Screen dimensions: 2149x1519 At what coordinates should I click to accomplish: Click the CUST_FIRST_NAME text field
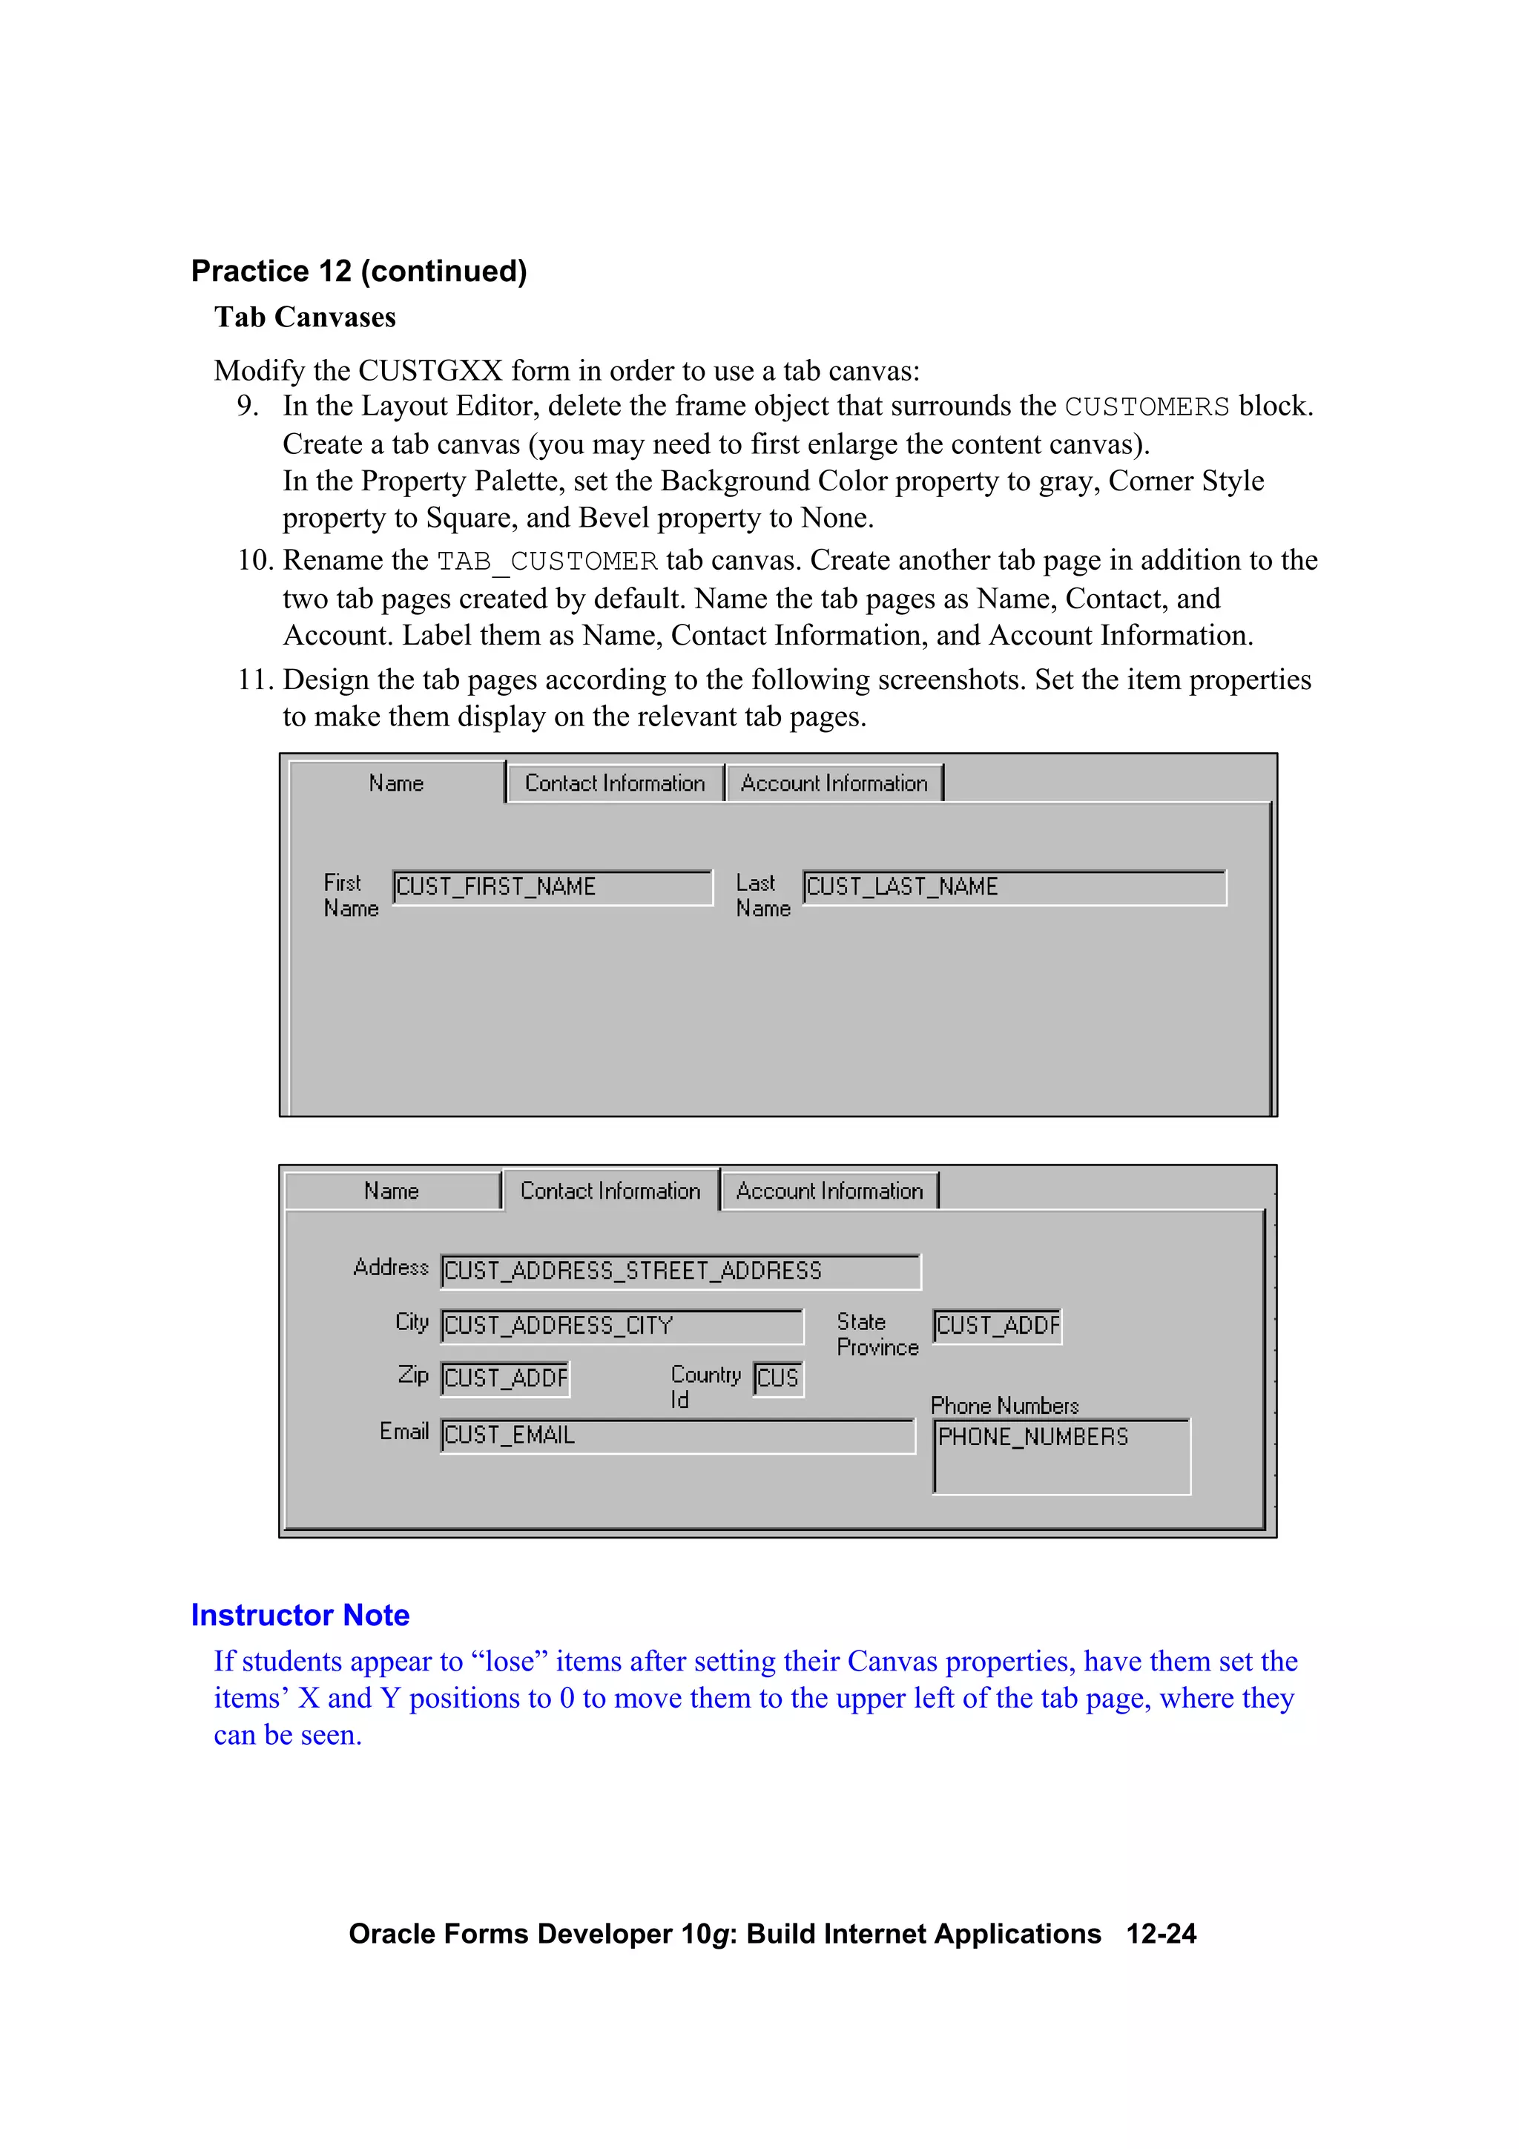pyautogui.click(x=552, y=887)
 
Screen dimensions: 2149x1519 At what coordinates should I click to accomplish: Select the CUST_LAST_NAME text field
pyautogui.click(x=1014, y=887)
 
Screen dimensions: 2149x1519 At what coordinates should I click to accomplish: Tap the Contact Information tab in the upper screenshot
pyautogui.click(x=615, y=783)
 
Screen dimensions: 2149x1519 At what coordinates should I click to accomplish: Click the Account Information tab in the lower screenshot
pyautogui.click(x=829, y=1191)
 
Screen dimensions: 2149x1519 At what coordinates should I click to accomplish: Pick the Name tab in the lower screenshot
pyautogui.click(x=392, y=1191)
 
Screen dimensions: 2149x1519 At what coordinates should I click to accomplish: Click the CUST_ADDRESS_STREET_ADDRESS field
pyautogui.click(x=680, y=1271)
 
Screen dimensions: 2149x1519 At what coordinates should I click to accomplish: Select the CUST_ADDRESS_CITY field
pyautogui.click(x=622, y=1326)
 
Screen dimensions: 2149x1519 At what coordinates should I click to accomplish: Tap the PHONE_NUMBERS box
pyautogui.click(x=1061, y=1456)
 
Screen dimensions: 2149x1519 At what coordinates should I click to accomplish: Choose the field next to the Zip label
pyautogui.click(x=505, y=1378)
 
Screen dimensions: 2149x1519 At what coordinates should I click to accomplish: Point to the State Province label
pyautogui.click(x=877, y=1335)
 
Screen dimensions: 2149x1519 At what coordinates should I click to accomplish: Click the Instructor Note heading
pyautogui.click(x=300, y=1616)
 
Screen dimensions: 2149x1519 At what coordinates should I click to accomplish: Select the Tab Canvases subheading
pyautogui.click(x=305, y=317)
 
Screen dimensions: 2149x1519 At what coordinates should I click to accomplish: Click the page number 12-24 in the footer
pyautogui.click(x=1161, y=1934)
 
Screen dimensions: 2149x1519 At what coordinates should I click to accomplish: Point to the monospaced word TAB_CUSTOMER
pyautogui.click(x=547, y=562)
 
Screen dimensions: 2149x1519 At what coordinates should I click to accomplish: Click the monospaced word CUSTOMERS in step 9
pyautogui.click(x=1147, y=407)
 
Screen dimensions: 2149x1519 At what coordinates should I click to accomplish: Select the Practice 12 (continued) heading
pyautogui.click(x=360, y=271)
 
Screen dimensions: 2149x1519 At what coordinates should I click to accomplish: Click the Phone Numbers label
pyautogui.click(x=1004, y=1406)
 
